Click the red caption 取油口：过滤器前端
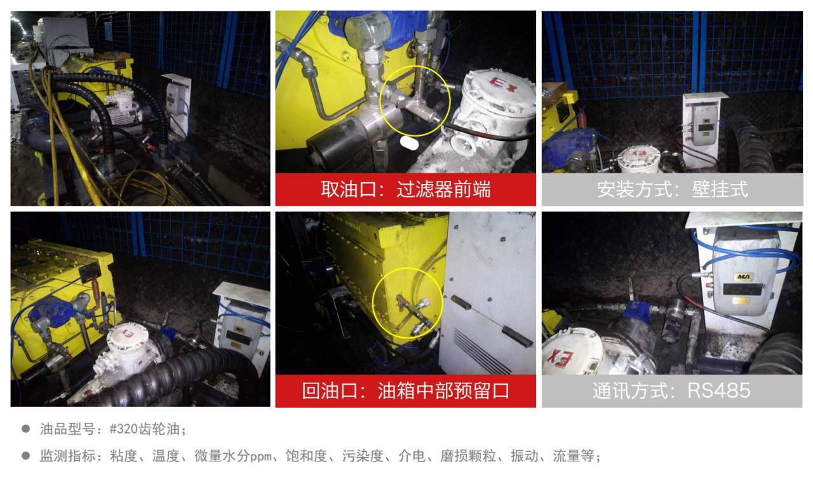[x=405, y=189]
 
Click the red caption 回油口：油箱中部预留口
[x=405, y=390]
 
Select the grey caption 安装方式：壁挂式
[x=672, y=189]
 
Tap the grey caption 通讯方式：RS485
[x=671, y=390]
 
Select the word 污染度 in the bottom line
[x=361, y=456]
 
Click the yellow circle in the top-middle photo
[x=415, y=102]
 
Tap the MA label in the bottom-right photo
[x=741, y=277]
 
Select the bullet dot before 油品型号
[x=26, y=429]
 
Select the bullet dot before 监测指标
[x=26, y=456]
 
